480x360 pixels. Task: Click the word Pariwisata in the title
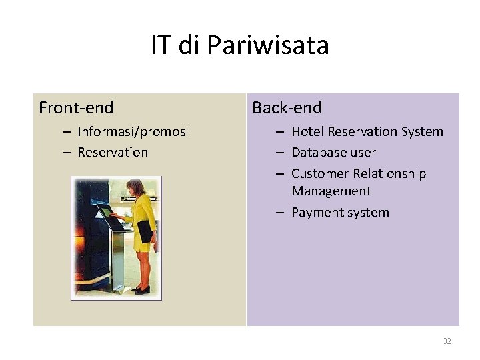pyautogui.click(x=268, y=45)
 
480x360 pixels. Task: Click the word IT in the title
pyautogui.click(x=160, y=45)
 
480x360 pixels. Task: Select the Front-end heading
pyautogui.click(x=76, y=107)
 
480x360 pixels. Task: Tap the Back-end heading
pyautogui.click(x=287, y=107)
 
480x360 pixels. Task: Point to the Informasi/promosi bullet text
pyautogui.click(x=133, y=131)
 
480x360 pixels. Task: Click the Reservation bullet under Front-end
pyautogui.click(x=113, y=152)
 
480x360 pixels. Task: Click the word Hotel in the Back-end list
pyautogui.click(x=307, y=131)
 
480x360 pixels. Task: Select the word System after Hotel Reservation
pyautogui.click(x=423, y=131)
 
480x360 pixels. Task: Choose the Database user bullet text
pyautogui.click(x=333, y=152)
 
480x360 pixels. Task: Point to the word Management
pyautogui.click(x=331, y=191)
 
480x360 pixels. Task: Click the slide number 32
pyautogui.click(x=447, y=341)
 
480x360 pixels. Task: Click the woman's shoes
pyautogui.click(x=141, y=289)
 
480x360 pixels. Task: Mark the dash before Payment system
pyautogui.click(x=281, y=212)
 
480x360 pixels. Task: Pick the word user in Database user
pyautogui.click(x=364, y=152)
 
